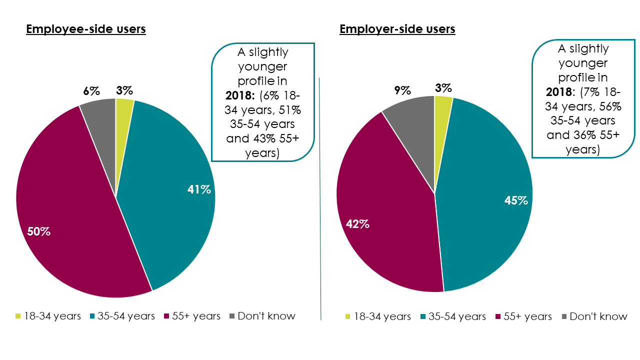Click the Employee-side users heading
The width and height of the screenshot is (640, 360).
click(x=85, y=29)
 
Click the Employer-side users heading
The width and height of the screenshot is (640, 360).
click(x=397, y=29)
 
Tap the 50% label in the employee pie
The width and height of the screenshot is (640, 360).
click(x=38, y=232)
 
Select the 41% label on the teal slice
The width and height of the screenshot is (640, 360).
click(x=198, y=189)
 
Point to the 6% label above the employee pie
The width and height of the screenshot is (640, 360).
click(x=91, y=90)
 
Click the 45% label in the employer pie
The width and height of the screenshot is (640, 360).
click(x=516, y=200)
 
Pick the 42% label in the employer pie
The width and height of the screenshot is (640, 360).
click(x=357, y=224)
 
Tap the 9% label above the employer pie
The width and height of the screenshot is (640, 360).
click(x=402, y=90)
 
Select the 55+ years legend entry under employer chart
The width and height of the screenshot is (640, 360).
click(x=524, y=316)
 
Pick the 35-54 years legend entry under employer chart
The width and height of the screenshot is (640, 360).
click(x=453, y=316)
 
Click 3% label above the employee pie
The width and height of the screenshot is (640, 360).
click(x=124, y=90)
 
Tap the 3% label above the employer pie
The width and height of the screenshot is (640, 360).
click(x=443, y=88)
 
